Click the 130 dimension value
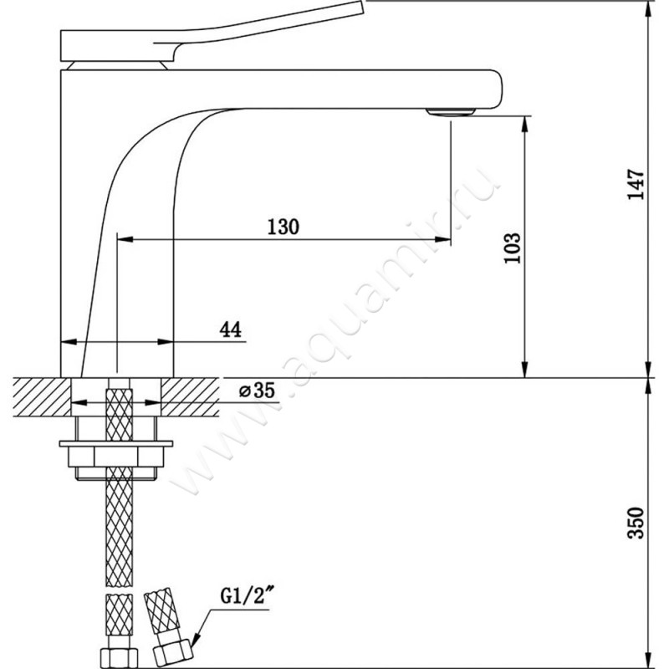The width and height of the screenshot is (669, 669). [x=283, y=227]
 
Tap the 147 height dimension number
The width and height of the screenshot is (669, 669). [x=636, y=184]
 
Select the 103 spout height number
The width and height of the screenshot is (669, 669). [x=513, y=248]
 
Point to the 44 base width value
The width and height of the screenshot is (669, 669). [x=231, y=329]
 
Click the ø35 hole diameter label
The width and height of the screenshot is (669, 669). [x=257, y=390]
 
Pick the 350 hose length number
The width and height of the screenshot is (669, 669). [x=636, y=523]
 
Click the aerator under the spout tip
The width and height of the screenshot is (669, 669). [x=451, y=112]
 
